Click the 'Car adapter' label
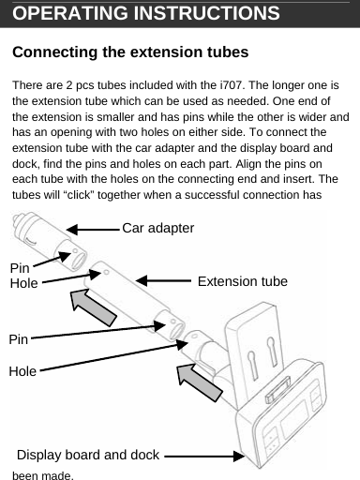158,229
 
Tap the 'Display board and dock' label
87,456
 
